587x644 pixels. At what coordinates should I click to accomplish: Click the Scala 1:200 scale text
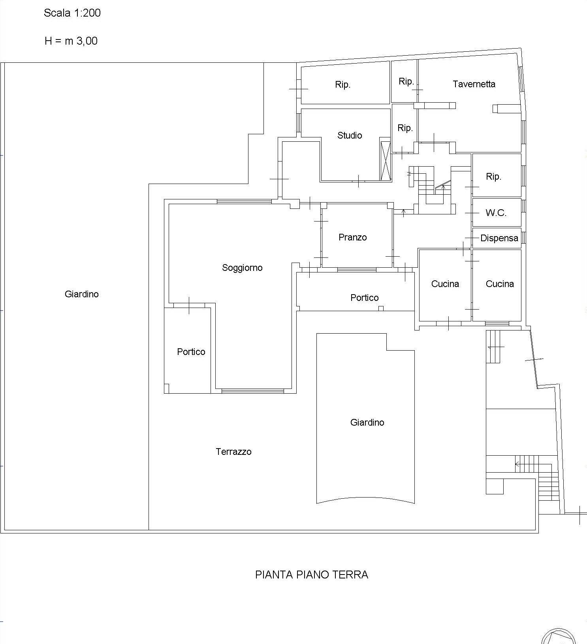tap(72, 13)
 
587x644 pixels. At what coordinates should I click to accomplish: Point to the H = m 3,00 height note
tap(71, 41)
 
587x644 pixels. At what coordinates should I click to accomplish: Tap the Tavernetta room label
tap(474, 84)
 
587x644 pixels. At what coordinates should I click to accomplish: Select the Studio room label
tap(350, 135)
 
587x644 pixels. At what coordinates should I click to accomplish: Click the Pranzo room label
tap(353, 237)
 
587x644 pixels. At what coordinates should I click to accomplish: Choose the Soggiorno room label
tap(242, 268)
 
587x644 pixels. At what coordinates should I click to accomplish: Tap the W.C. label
tap(496, 213)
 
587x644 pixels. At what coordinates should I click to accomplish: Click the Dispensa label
tap(499, 238)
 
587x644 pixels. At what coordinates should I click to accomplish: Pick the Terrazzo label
tap(233, 452)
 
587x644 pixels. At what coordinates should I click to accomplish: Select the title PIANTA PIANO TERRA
tap(312, 575)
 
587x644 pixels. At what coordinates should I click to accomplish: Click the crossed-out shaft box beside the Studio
tap(385, 161)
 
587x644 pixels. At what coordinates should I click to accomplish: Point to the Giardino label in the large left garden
tap(82, 294)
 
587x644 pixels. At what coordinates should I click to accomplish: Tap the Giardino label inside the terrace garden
tap(367, 422)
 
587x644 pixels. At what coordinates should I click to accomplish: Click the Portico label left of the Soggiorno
tap(191, 352)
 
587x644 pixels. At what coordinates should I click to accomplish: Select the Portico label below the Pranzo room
tap(365, 298)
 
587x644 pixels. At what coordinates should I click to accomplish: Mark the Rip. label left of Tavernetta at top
tap(406, 82)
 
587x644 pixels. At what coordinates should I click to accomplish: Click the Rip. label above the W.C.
tap(494, 177)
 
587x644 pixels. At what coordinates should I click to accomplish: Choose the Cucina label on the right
tap(500, 284)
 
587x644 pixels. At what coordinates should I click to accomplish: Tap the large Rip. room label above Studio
tap(343, 85)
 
